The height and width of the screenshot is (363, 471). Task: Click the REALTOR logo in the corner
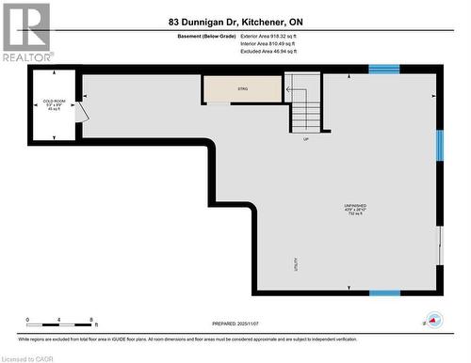tap(26, 33)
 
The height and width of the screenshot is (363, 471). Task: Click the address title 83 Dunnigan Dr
tap(235, 21)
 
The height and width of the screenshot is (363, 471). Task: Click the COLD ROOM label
tap(54, 100)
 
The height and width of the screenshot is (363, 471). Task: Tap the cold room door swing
tap(83, 112)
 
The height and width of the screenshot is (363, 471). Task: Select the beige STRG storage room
tap(242, 88)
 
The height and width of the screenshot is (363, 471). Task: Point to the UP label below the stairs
tap(306, 139)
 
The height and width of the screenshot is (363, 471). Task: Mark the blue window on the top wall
tap(382, 69)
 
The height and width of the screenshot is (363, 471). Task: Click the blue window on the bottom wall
tap(383, 292)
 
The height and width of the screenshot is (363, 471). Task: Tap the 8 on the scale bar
tap(91, 320)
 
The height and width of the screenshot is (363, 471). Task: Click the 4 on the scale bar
tap(59, 320)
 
